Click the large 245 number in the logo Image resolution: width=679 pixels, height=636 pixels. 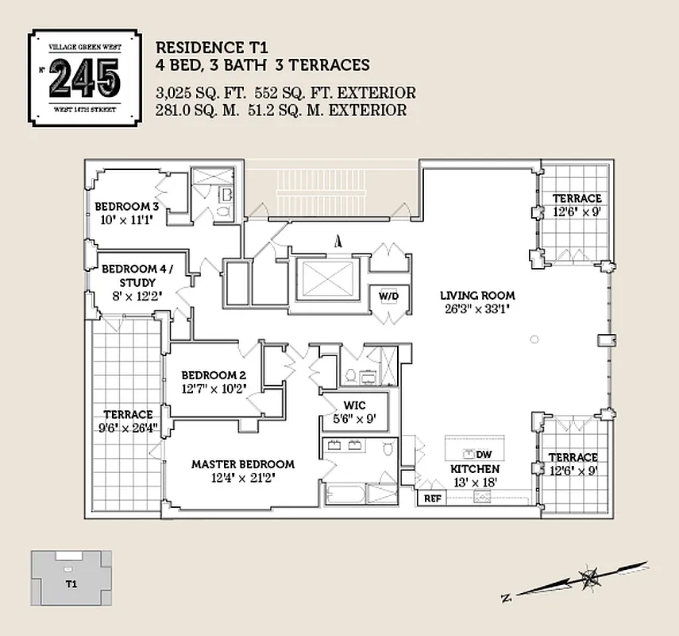click(x=84, y=77)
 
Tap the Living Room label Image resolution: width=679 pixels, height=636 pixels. click(x=477, y=296)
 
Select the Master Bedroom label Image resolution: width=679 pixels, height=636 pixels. click(x=242, y=464)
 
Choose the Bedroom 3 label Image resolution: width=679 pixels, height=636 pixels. click(x=127, y=206)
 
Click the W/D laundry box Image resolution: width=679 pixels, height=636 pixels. click(x=388, y=297)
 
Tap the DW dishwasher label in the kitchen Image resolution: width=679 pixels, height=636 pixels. click(x=484, y=454)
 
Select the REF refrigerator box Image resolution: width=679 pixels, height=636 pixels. click(x=433, y=498)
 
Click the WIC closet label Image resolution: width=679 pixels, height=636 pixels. click(x=353, y=403)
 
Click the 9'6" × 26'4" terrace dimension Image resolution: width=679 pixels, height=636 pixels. click(x=127, y=427)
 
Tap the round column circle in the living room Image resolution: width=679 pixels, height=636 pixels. click(x=534, y=339)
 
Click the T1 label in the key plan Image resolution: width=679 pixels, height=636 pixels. click(x=71, y=584)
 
